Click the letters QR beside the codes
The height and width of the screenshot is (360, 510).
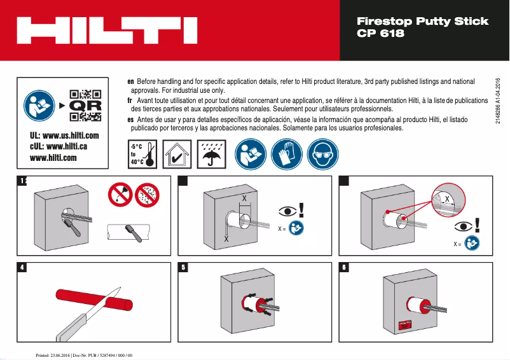coord(85,105)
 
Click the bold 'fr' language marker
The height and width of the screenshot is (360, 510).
coord(131,100)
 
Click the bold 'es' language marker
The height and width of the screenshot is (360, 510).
coord(131,119)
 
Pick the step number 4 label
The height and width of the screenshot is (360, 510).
coord(22,267)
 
